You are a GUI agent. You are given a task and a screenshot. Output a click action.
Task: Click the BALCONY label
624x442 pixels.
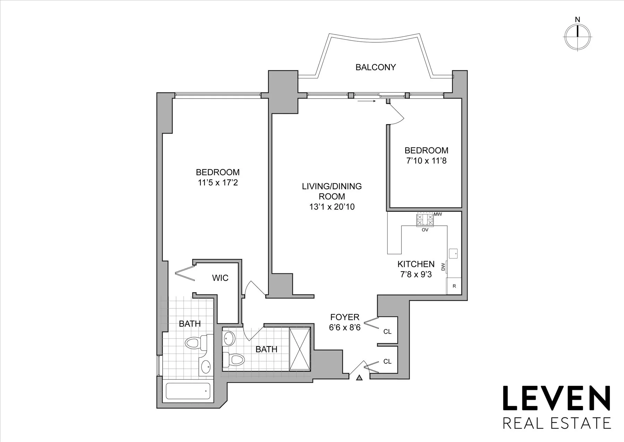[x=375, y=67]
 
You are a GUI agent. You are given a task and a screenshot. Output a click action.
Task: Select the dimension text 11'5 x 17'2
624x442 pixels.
[x=218, y=183]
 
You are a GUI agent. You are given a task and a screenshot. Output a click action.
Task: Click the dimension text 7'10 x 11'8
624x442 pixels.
[x=426, y=161]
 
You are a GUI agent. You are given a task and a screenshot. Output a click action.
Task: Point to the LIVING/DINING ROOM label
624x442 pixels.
[x=332, y=191]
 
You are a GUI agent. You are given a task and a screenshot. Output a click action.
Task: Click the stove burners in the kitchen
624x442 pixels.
[x=425, y=219]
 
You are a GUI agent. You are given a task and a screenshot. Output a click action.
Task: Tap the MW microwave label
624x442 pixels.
[x=438, y=214]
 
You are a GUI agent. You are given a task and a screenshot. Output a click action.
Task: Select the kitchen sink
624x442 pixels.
[x=453, y=253]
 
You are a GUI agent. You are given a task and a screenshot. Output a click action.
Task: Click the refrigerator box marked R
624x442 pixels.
[x=454, y=286]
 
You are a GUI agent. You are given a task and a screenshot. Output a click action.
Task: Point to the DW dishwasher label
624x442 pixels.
[x=443, y=267]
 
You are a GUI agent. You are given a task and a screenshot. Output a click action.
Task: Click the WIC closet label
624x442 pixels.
[x=220, y=278]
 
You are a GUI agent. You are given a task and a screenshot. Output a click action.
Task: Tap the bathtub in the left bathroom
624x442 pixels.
[x=188, y=391]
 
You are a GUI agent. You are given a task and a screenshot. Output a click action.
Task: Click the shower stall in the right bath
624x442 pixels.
[x=300, y=349]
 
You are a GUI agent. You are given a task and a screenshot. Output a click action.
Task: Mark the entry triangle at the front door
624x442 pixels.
[x=359, y=378]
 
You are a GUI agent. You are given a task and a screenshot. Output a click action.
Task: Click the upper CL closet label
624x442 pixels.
[x=387, y=332]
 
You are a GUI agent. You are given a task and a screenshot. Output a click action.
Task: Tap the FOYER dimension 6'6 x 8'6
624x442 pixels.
[x=345, y=327]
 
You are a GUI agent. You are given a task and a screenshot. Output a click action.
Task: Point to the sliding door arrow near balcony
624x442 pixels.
[x=367, y=101]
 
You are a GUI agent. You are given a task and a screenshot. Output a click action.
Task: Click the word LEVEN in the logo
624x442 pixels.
[x=556, y=398]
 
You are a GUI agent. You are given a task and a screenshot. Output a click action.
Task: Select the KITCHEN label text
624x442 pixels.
[x=416, y=264]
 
